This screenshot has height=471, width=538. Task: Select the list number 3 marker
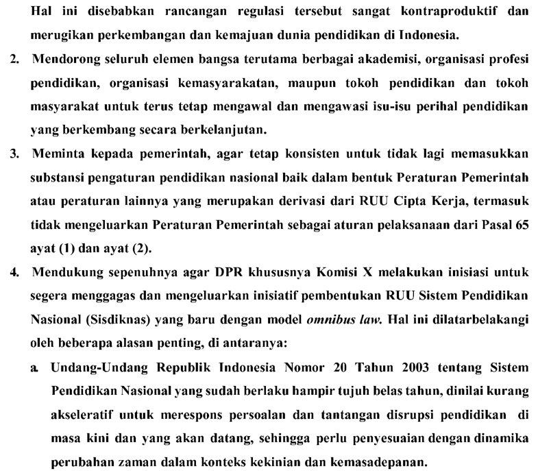[x=14, y=154]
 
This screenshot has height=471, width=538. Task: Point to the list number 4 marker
[x=14, y=273]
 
